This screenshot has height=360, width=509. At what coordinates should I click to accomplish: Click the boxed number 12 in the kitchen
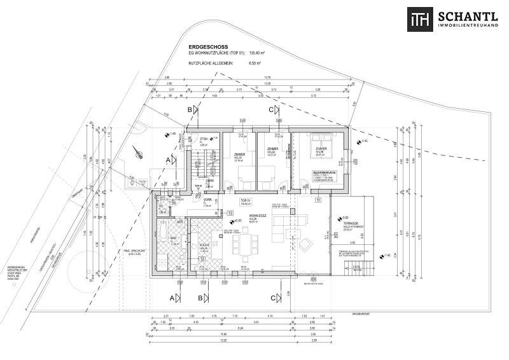(202, 259)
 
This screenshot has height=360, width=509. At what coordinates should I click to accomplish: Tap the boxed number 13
(229, 212)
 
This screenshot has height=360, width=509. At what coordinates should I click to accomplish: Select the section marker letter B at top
(189, 110)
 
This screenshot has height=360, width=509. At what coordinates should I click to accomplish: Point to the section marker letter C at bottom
(274, 297)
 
